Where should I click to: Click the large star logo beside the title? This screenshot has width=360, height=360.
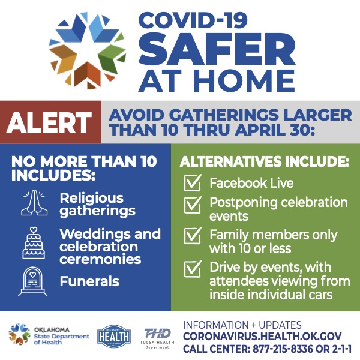pos(87,51)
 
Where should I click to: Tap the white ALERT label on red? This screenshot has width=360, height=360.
pos(49,122)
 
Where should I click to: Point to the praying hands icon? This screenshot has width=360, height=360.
pos(34,203)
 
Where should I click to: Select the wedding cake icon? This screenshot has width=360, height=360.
pos(34,243)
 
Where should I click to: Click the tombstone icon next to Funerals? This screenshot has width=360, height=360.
pos(33,281)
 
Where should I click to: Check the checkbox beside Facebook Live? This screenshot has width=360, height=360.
pos(193,183)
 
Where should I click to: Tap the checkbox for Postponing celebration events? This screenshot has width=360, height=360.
pos(193,205)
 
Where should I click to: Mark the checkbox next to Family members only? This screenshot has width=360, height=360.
pos(193,236)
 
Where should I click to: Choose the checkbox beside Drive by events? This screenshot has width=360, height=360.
pos(193,269)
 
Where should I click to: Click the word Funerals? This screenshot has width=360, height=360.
pos(89,281)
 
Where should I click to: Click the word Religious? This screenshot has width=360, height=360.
pos(92,199)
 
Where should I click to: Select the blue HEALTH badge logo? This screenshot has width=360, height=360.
pos(114,337)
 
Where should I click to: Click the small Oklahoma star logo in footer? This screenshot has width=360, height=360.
pos(19,334)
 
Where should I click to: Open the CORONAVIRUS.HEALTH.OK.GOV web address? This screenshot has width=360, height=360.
pos(262,337)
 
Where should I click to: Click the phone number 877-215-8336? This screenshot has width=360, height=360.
pos(283,349)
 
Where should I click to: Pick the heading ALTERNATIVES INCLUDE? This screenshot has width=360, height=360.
pos(264,161)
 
